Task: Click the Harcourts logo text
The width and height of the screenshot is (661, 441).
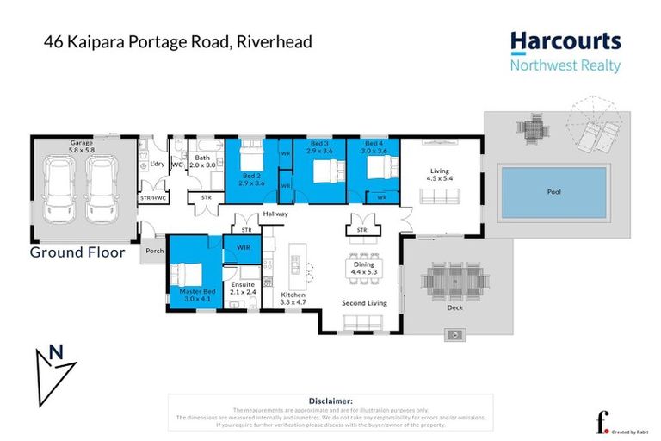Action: point(565,42)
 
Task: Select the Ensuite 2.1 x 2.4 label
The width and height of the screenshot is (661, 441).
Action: point(244,289)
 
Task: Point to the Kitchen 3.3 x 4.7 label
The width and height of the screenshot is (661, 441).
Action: point(293,299)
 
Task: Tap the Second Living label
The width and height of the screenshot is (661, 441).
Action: point(363,303)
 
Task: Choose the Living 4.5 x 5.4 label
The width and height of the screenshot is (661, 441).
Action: point(440,176)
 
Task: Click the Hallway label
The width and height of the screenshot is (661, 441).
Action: point(275,214)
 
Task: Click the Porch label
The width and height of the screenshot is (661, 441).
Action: point(155,252)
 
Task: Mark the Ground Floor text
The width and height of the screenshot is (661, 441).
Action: point(77,252)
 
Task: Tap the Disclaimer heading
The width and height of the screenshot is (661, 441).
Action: point(330,401)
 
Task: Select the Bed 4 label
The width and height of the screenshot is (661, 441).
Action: point(373,146)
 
